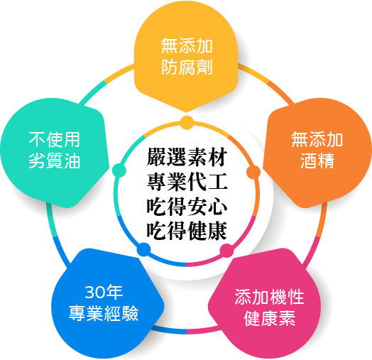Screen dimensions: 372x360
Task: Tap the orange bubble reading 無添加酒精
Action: pyautogui.click(x=317, y=152)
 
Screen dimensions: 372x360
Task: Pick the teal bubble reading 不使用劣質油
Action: pyautogui.click(x=55, y=152)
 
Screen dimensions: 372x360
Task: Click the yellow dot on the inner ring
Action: pyautogui.click(x=187, y=123)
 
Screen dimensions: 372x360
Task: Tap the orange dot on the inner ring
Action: pyautogui.click(x=253, y=172)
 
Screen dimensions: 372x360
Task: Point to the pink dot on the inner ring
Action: pyautogui.click(x=226, y=251)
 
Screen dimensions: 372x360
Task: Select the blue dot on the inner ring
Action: pyautogui.click(x=144, y=250)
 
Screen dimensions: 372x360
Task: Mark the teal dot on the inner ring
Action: pyautogui.click(x=119, y=170)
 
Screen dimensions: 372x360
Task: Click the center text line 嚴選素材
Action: pyautogui.click(x=187, y=157)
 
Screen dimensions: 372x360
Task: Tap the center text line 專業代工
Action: pyautogui.click(x=187, y=182)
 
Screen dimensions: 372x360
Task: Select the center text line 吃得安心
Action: pyautogui.click(x=187, y=207)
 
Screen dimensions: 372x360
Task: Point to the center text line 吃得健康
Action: pyautogui.click(x=187, y=231)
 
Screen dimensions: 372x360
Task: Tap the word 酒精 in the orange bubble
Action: pyautogui.click(x=317, y=160)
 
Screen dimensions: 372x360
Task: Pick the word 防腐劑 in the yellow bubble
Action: pyautogui.click(x=187, y=67)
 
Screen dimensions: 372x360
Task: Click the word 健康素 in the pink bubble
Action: pyautogui.click(x=270, y=318)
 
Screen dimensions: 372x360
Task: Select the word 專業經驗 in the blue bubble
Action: pyautogui.click(x=104, y=313)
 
